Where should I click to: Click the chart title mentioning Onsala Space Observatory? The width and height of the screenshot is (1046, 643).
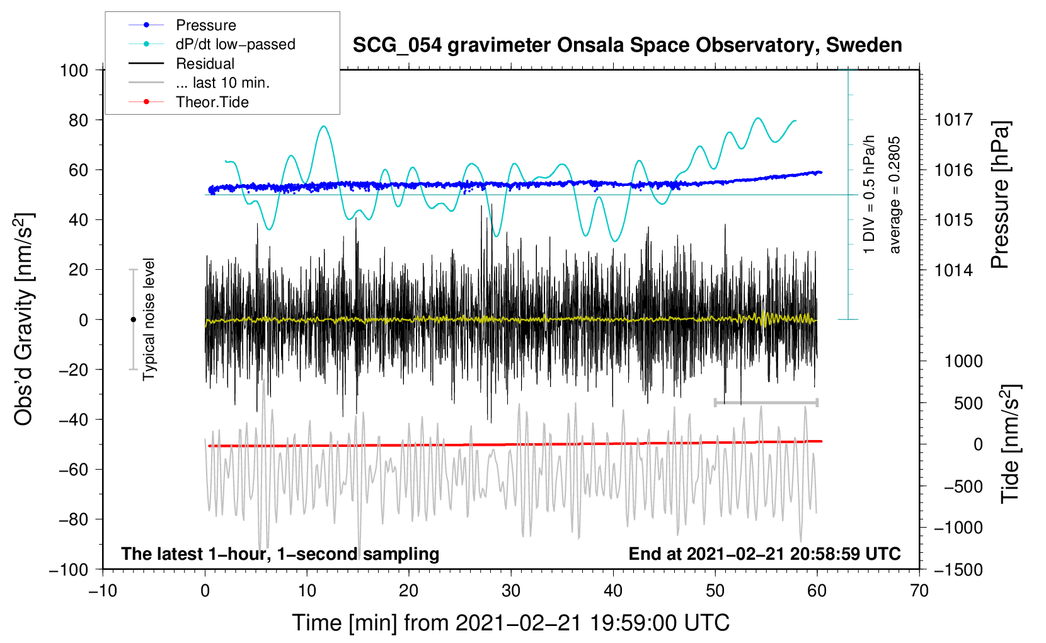tap(627, 45)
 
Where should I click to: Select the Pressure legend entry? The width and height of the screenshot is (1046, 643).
tap(205, 25)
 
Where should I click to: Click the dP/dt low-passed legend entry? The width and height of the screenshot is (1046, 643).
tap(235, 44)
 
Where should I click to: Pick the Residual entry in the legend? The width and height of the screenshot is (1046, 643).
tap(205, 64)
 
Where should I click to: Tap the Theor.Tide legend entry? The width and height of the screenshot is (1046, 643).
tap(212, 102)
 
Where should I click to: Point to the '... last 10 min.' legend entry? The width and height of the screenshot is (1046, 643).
tap(222, 83)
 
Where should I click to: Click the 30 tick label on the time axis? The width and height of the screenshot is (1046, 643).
tap(511, 591)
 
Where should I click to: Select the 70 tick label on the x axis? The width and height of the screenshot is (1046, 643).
tap(919, 591)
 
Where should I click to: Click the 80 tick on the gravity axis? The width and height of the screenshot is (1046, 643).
tap(78, 120)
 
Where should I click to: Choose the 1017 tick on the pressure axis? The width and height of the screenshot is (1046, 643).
tap(953, 120)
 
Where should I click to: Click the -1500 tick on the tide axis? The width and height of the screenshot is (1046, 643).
tap(958, 569)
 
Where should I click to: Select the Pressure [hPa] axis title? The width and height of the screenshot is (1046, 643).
tap(1001, 195)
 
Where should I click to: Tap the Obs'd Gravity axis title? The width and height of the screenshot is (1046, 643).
tap(24, 320)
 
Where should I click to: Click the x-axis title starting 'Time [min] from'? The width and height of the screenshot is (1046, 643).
tap(510, 623)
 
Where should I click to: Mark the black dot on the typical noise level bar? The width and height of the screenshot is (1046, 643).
tap(133, 320)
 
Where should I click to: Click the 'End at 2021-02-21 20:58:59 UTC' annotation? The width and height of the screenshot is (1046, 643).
tap(764, 553)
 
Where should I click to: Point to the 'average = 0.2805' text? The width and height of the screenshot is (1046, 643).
tap(895, 195)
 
